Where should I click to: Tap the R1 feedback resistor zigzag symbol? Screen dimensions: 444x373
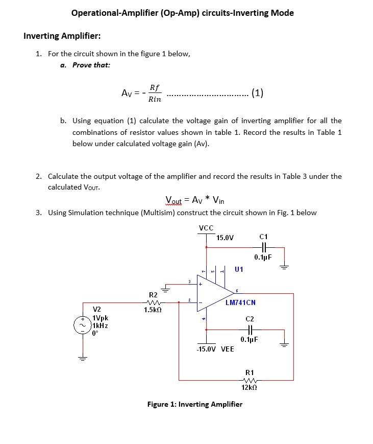point(250,380)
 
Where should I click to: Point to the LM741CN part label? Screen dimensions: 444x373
point(240,302)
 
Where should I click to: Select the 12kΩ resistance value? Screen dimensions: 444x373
point(250,388)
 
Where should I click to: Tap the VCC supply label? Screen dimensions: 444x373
point(206,228)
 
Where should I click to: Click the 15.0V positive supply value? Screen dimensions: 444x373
point(225,238)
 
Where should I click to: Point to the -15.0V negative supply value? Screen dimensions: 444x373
point(207,349)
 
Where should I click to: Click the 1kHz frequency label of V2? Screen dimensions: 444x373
point(100,325)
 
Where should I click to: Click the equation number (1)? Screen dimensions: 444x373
point(257,93)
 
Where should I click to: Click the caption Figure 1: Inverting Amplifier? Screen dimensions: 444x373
point(195,404)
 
